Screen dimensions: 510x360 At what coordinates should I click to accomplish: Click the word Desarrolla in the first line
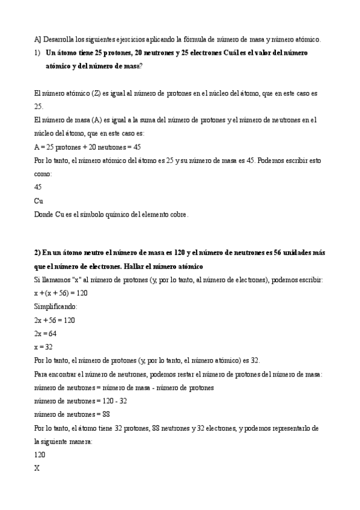[x=60, y=40]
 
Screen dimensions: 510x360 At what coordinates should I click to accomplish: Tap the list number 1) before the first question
[x=37, y=53]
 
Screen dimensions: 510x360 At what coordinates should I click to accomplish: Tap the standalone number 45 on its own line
[x=39, y=187]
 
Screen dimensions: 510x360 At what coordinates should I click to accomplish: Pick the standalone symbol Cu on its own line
[x=39, y=200]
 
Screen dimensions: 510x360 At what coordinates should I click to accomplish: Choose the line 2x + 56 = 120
[x=55, y=320]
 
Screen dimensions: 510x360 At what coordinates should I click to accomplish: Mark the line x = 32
[x=43, y=347]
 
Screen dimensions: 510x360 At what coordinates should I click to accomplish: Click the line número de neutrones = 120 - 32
[x=81, y=401]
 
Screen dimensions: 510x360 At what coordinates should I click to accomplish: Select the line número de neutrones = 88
[x=72, y=414]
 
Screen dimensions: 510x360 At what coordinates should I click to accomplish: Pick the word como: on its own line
[x=43, y=174]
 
